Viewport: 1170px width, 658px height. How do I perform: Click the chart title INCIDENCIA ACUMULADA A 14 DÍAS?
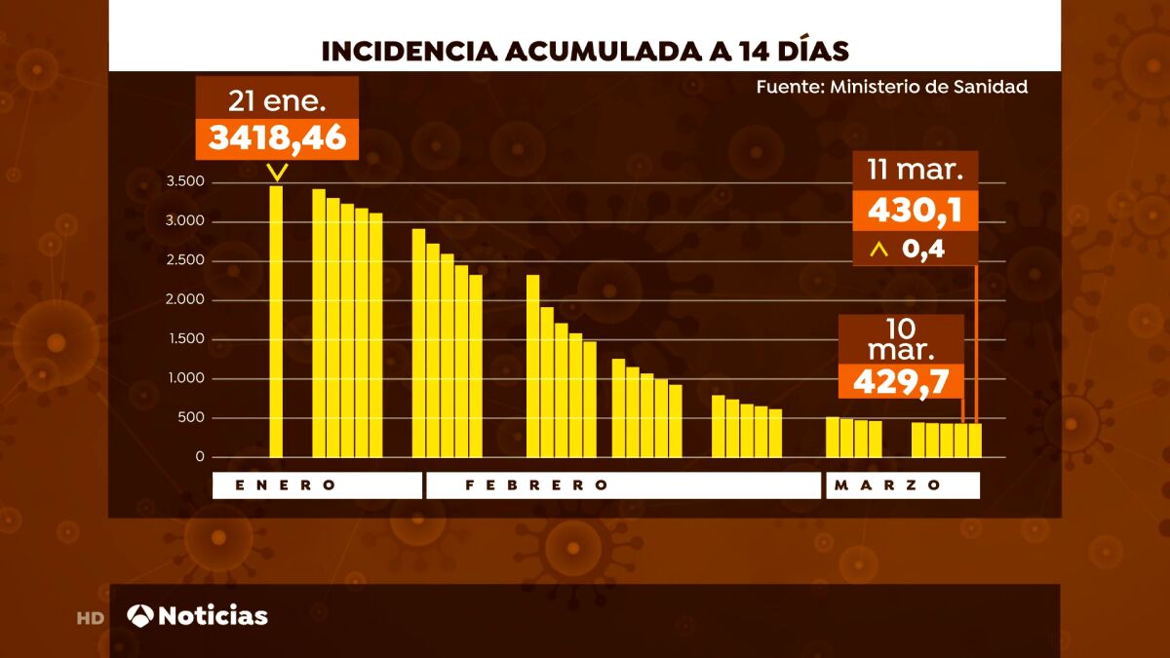(x=585, y=50)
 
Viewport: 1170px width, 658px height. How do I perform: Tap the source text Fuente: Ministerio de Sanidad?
(x=891, y=87)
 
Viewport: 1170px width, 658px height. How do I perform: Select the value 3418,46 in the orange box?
(x=278, y=137)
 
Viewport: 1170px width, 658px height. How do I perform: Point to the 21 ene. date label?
(x=277, y=98)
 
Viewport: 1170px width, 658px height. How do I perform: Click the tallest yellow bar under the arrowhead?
(x=276, y=322)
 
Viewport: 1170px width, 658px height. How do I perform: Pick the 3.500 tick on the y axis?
(x=184, y=182)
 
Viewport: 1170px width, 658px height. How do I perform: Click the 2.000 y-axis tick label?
(x=184, y=300)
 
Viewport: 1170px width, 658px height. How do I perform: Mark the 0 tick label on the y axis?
(x=200, y=457)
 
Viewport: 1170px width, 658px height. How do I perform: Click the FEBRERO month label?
(x=537, y=485)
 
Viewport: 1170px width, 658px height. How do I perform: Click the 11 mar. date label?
(x=916, y=171)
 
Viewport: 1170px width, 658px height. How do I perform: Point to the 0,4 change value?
(x=923, y=250)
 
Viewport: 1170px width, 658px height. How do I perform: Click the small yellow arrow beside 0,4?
(x=879, y=251)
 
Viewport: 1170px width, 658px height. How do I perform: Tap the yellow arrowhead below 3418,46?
(x=278, y=173)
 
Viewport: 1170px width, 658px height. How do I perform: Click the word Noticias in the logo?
(x=213, y=616)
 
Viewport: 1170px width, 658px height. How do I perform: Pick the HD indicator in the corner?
(x=91, y=618)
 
